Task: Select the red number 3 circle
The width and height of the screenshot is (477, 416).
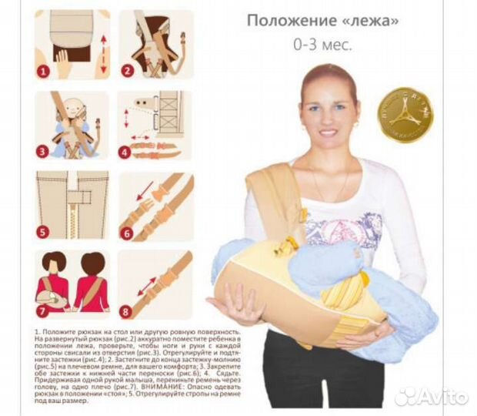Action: click(x=45, y=151)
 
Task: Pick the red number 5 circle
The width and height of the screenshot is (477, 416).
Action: click(x=45, y=230)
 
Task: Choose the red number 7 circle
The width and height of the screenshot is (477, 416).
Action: click(x=45, y=312)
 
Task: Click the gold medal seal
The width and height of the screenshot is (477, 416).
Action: click(x=404, y=118)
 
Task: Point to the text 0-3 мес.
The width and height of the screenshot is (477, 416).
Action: click(x=323, y=45)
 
